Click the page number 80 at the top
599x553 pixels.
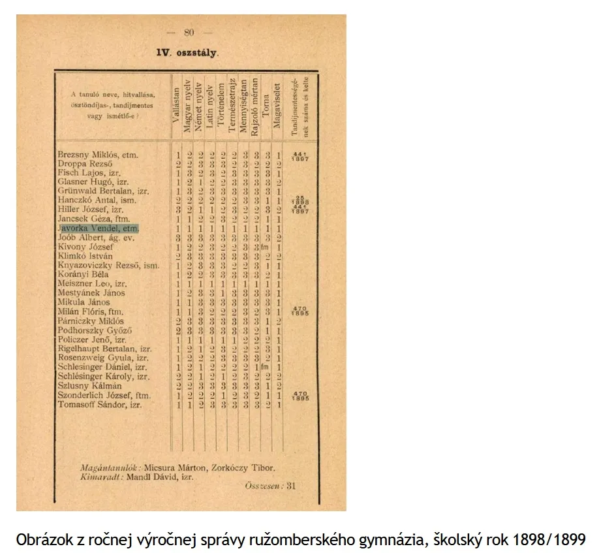(189, 32)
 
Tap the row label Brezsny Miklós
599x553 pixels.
(98, 155)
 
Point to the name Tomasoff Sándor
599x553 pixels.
(99, 405)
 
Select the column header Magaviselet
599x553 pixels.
(277, 108)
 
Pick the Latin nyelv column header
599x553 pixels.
(210, 108)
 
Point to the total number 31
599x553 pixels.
(291, 486)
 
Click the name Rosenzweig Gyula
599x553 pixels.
(103, 358)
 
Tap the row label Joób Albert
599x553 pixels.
(96, 238)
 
